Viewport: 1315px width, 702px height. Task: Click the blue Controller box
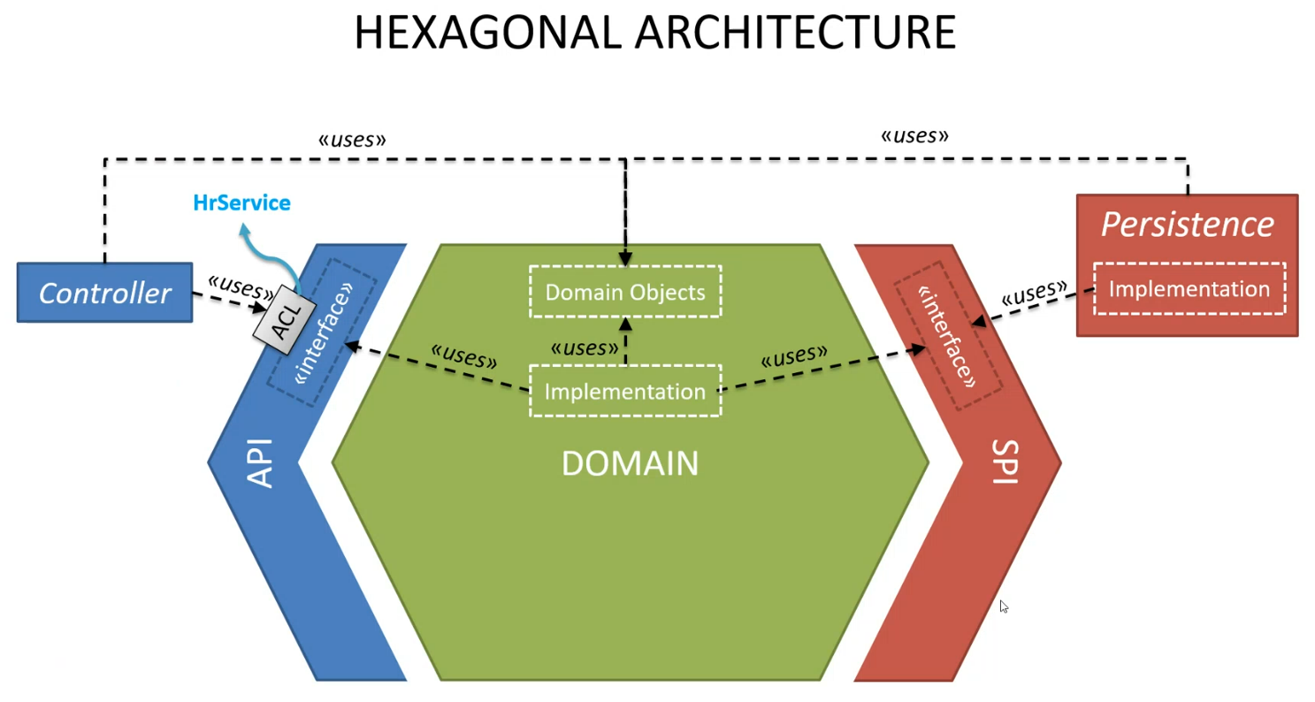[104, 293]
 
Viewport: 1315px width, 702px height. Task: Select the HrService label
[241, 203]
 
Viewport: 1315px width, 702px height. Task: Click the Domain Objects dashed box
[625, 292]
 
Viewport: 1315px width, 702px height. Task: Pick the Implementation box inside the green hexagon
[625, 391]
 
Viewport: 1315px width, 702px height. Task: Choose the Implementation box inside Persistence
[1189, 289]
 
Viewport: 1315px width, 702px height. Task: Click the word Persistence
[1187, 225]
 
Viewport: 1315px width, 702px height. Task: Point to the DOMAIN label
[630, 463]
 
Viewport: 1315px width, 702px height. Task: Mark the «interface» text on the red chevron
[947, 337]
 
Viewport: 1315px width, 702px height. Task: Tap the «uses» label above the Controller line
[352, 139]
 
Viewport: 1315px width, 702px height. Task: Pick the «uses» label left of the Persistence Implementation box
[1033, 294]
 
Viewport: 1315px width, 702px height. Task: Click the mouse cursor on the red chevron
[1004, 607]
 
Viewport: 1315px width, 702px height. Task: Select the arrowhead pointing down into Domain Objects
[625, 259]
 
